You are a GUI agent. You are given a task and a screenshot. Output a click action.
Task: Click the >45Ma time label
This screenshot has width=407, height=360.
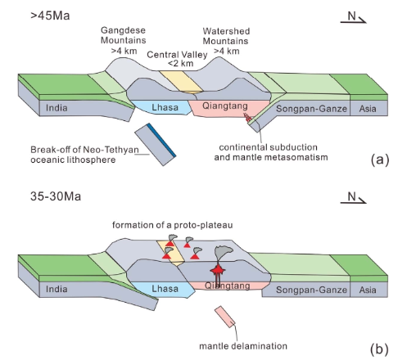pyautogui.click(x=50, y=16)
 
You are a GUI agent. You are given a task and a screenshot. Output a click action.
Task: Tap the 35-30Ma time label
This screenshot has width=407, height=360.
pyautogui.click(x=56, y=196)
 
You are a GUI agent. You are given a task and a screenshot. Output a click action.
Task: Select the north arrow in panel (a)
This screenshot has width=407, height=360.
pyautogui.click(x=353, y=17)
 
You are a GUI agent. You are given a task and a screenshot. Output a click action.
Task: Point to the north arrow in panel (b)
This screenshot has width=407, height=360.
pyautogui.click(x=353, y=198)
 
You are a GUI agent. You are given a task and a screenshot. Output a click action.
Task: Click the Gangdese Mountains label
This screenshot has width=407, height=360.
pyautogui.click(x=124, y=40)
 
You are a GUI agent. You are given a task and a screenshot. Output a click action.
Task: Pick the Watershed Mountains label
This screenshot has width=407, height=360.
pyautogui.click(x=226, y=41)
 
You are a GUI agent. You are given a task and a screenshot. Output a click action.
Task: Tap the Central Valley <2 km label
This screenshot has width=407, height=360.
pyautogui.click(x=177, y=59)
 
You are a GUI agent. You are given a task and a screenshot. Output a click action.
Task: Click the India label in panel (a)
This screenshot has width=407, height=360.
pyautogui.click(x=57, y=108)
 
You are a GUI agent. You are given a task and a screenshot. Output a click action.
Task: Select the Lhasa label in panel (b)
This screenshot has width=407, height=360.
pyautogui.click(x=165, y=289)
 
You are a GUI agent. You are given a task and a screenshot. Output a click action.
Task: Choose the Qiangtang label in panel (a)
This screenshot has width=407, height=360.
pyautogui.click(x=225, y=106)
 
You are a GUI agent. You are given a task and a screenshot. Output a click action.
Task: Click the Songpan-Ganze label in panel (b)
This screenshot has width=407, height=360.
pyautogui.click(x=311, y=290)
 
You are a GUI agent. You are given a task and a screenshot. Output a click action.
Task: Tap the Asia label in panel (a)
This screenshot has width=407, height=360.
pyautogui.click(x=368, y=109)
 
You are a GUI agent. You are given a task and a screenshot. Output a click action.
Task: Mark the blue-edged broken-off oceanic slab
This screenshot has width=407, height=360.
pyautogui.click(x=156, y=144)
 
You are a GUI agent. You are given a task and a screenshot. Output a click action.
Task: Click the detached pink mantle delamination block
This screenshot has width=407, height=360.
pyautogui.click(x=225, y=317)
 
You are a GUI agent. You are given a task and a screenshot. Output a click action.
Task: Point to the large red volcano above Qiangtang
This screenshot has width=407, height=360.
pyautogui.click(x=218, y=271)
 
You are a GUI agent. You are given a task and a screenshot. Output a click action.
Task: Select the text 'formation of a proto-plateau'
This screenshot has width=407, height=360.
pyautogui.click(x=173, y=225)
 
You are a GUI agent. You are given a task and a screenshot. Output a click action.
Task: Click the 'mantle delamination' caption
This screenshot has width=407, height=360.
pyautogui.click(x=243, y=346)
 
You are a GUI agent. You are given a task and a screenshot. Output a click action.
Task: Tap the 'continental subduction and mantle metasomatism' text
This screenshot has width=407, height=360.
pyautogui.click(x=271, y=152)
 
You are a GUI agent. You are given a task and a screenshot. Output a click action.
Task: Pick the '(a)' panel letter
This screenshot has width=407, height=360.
pyautogui.click(x=379, y=160)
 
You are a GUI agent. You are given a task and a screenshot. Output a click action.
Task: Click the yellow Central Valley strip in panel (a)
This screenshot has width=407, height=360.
pyautogui.click(x=181, y=82)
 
